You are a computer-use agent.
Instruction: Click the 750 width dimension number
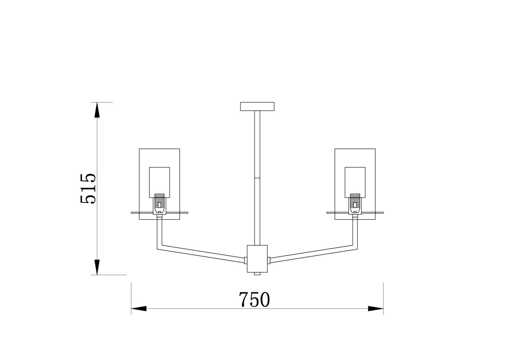tap(254, 300)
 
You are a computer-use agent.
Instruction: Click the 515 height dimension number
tap(88, 189)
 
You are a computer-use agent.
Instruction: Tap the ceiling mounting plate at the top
tap(257, 107)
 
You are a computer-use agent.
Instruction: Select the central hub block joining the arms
tap(257, 259)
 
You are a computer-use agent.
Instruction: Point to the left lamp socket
tap(160, 204)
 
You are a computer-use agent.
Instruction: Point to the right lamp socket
tap(355, 204)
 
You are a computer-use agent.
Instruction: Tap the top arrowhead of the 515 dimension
tap(97, 110)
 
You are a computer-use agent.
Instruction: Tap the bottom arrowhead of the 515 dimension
tap(97, 267)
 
